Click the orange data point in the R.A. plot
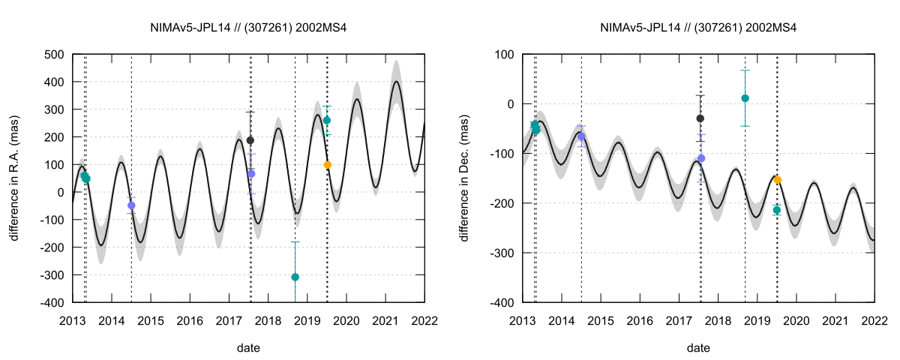pos(327,165)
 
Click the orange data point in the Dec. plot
pos(777,180)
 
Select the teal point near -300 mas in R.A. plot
pos(295,277)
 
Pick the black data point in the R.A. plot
pos(250,140)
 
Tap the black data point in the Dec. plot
pos(700,118)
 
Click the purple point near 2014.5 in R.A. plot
pos(131,205)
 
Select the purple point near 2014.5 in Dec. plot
pos(581,136)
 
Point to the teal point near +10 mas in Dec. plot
pos(745,98)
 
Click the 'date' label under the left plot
pos(248,348)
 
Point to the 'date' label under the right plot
pos(698,348)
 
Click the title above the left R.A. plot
pos(248,28)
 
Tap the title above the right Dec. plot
pos(698,28)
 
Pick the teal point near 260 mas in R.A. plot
pos(327,120)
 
